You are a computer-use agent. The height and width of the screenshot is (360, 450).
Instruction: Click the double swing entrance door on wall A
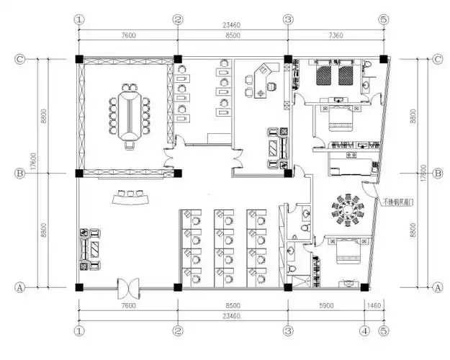[130, 287]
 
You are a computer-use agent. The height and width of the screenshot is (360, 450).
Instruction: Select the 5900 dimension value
[325, 305]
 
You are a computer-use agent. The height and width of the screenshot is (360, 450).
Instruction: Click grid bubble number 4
[366, 331]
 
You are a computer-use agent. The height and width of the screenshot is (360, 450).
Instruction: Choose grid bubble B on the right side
[437, 174]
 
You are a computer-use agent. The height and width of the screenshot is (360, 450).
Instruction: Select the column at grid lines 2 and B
[177, 174]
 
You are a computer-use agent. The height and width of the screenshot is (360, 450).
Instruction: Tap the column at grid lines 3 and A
[287, 287]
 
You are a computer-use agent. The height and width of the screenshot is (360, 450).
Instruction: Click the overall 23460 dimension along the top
[232, 23]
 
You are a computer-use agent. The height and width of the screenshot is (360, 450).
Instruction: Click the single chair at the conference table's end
[130, 146]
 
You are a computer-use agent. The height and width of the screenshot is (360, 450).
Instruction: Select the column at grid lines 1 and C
[78, 59]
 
